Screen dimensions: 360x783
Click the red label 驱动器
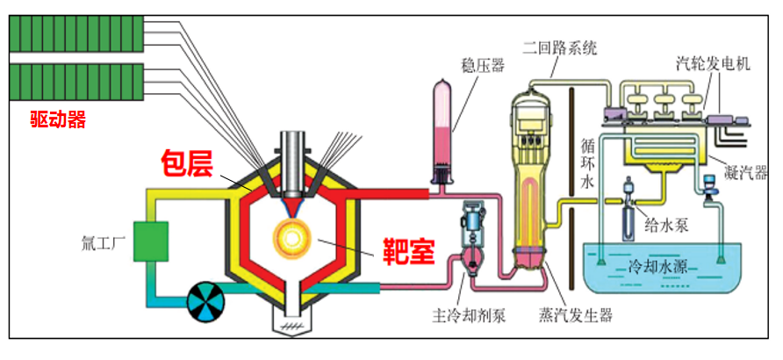[58, 119]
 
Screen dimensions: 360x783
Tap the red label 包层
[187, 162]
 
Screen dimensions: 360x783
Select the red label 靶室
[409, 250]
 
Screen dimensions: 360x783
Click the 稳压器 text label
[484, 65]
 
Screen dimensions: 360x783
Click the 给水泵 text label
[663, 224]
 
